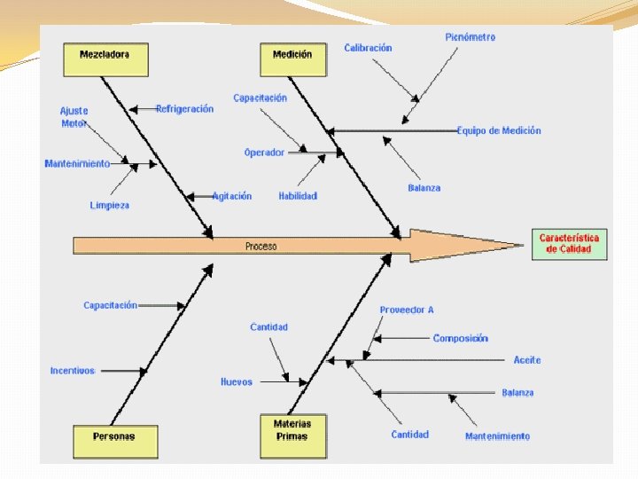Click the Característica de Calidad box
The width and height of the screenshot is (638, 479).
pos(569,244)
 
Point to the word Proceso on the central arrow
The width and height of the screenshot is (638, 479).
pos(261,247)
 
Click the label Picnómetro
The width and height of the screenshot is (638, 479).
pos(470,37)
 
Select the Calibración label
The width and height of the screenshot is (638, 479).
pos(368,48)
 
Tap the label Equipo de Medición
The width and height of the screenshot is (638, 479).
pos(499,130)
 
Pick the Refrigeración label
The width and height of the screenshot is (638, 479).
pos(184,109)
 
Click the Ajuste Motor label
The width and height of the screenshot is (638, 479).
pos(74,117)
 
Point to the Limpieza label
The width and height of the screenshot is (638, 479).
pos(109,205)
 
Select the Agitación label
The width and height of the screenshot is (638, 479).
pos(232,196)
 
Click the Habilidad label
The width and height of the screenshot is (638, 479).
pos(297,196)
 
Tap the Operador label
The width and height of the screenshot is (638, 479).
pos(264,153)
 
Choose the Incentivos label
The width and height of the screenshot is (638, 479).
pos(73,371)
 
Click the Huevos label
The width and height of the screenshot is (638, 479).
pos(237,382)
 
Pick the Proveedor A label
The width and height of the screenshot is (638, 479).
pos(407,310)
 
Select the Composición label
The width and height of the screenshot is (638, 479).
pos(460,338)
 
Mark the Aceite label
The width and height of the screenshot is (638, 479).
pos(527,360)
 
